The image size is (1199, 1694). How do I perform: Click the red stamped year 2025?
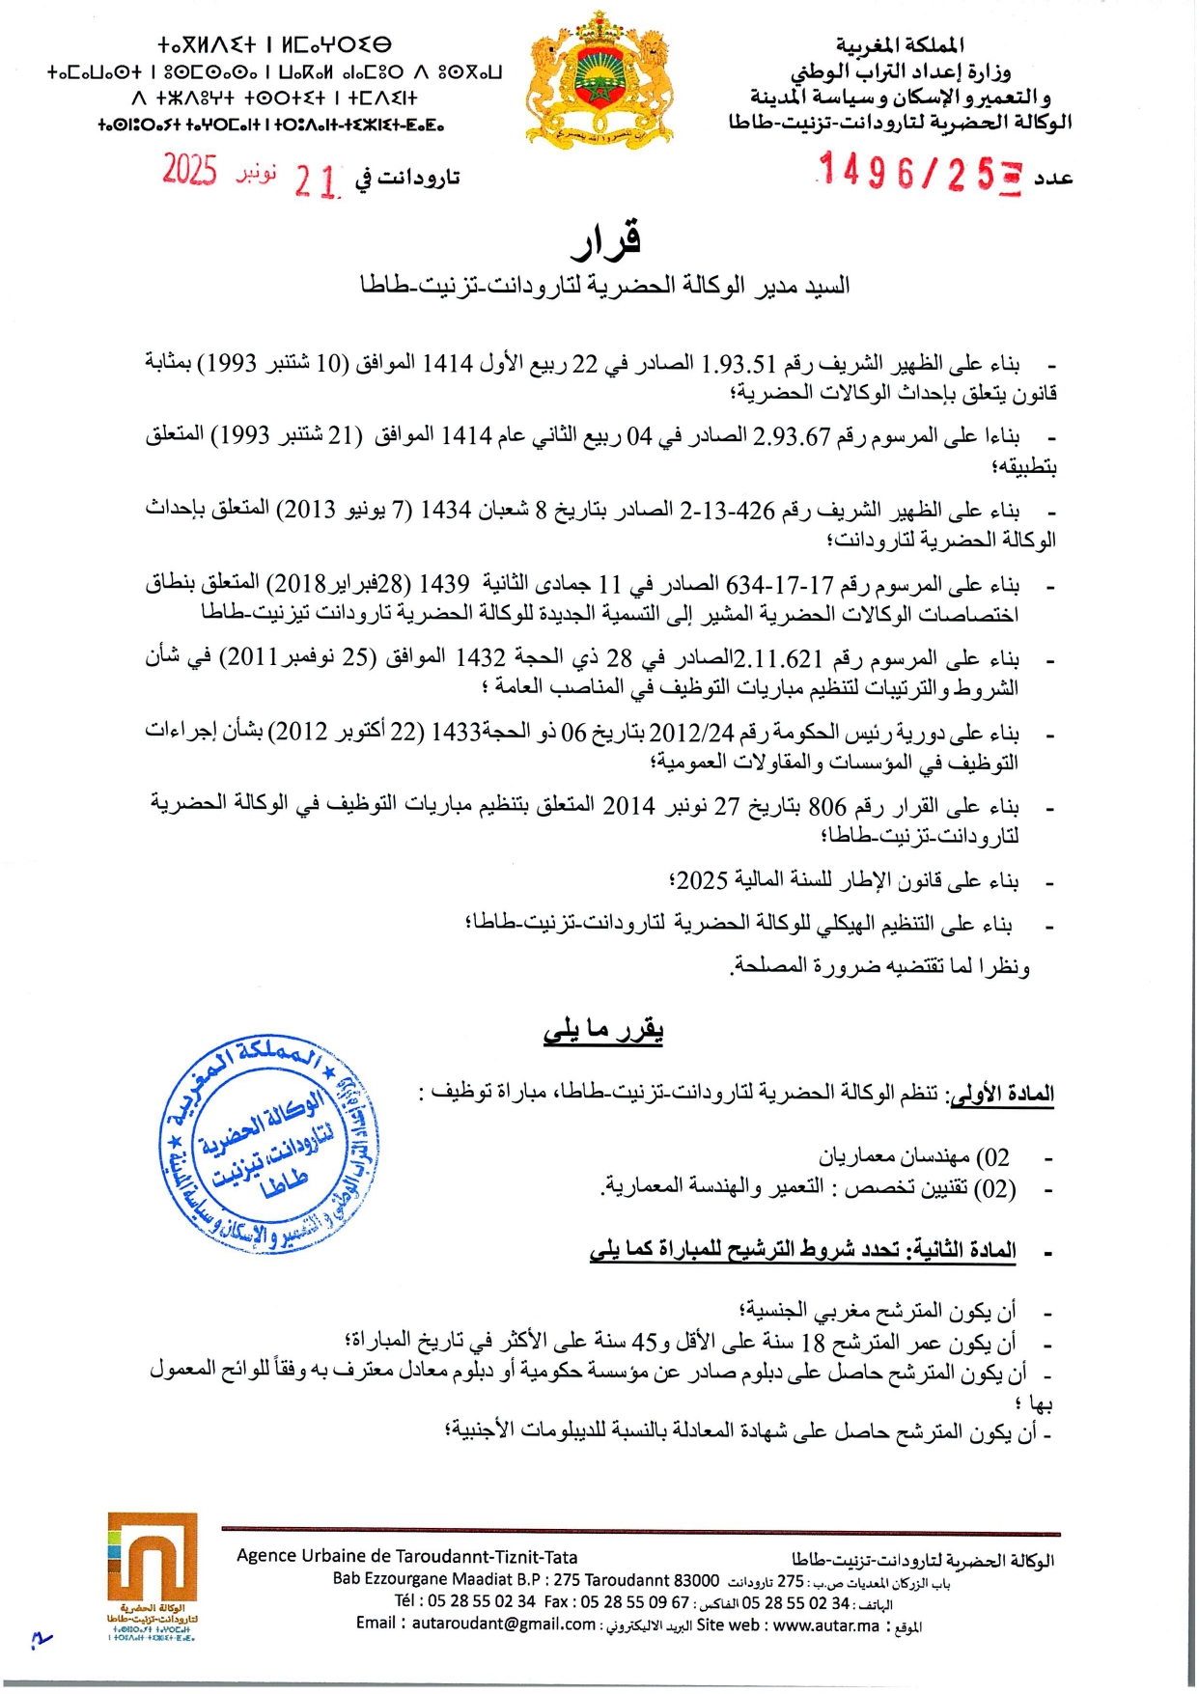pos(189,170)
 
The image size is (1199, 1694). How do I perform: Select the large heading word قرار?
pos(605,241)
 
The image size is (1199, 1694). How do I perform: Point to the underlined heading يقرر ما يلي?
pos(603,1031)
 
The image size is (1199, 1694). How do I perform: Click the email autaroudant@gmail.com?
pos(503,1624)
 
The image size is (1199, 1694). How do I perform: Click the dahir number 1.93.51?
pos(739,364)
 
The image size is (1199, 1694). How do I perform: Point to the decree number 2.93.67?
pos(792,437)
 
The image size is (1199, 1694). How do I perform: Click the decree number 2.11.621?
pos(779,659)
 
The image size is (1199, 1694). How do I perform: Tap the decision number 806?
pos(826,807)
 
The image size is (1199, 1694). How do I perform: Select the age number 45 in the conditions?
pos(644,1343)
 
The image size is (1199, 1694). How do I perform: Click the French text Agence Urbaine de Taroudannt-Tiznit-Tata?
pos(406,1556)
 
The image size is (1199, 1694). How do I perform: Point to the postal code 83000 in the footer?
pos(696,1580)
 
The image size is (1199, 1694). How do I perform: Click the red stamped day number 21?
pos(317,181)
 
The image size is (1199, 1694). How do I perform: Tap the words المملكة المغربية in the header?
pos(900,44)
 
